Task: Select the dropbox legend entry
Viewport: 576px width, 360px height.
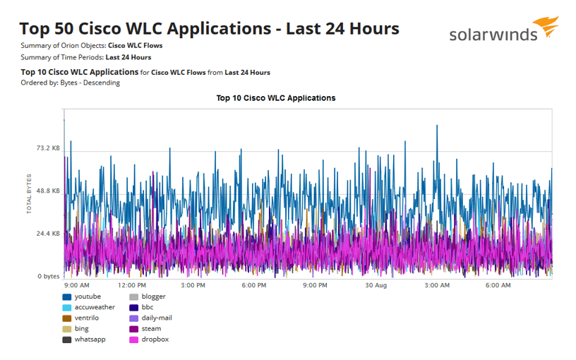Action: (x=155, y=340)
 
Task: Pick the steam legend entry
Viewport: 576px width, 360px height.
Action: (x=151, y=329)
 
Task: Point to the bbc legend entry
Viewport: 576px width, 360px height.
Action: (x=148, y=308)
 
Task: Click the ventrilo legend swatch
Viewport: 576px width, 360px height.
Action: (x=67, y=318)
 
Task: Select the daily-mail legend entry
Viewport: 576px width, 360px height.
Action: (x=157, y=318)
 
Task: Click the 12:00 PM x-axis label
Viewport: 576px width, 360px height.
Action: (x=131, y=286)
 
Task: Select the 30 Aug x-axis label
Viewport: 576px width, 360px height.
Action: (x=376, y=286)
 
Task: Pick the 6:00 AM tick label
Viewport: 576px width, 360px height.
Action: (x=498, y=286)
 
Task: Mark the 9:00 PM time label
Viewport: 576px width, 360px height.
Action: (x=315, y=286)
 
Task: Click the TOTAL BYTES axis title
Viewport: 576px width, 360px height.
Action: (x=30, y=193)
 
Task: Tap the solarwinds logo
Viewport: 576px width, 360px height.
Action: (x=503, y=32)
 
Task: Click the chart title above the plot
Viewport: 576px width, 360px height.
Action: (x=275, y=98)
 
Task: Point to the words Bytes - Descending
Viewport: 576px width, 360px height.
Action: (x=90, y=83)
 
